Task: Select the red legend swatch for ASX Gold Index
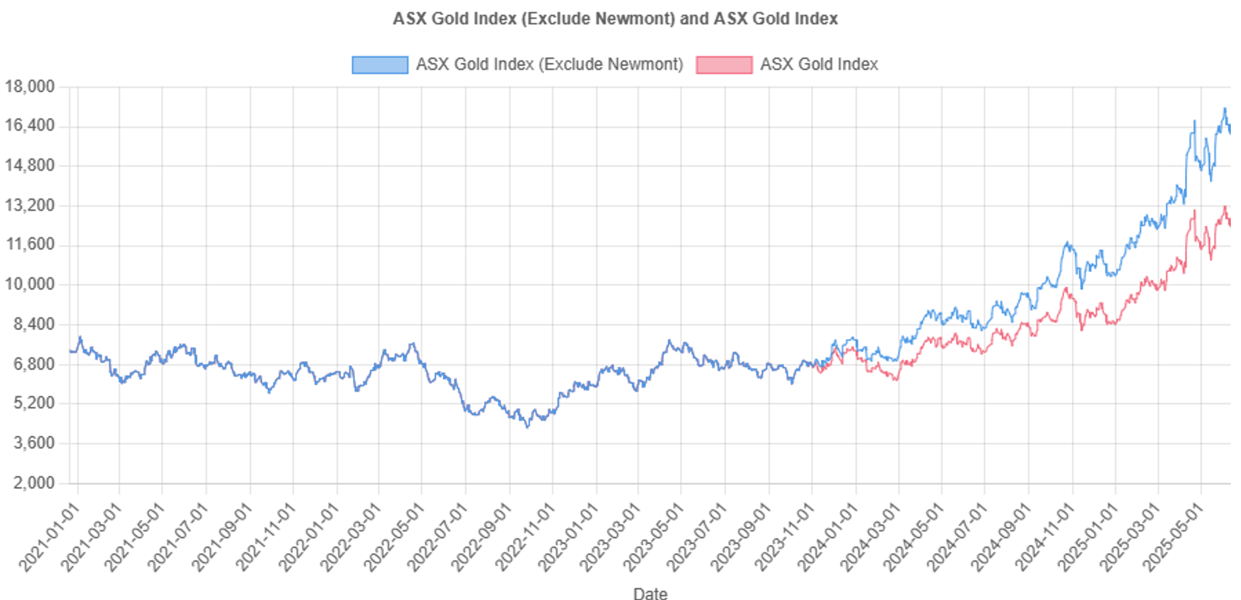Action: [x=724, y=65]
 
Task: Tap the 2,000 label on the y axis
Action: [x=34, y=482]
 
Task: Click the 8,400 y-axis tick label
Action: [x=34, y=324]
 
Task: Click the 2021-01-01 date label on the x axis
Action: [x=49, y=536]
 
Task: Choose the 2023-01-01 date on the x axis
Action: [x=568, y=536]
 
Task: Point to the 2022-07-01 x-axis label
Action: [x=437, y=536]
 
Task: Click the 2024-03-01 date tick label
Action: [x=870, y=536]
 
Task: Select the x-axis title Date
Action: [x=650, y=593]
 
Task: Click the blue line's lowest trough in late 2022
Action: [x=527, y=426]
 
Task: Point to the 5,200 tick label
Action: [x=34, y=403]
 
